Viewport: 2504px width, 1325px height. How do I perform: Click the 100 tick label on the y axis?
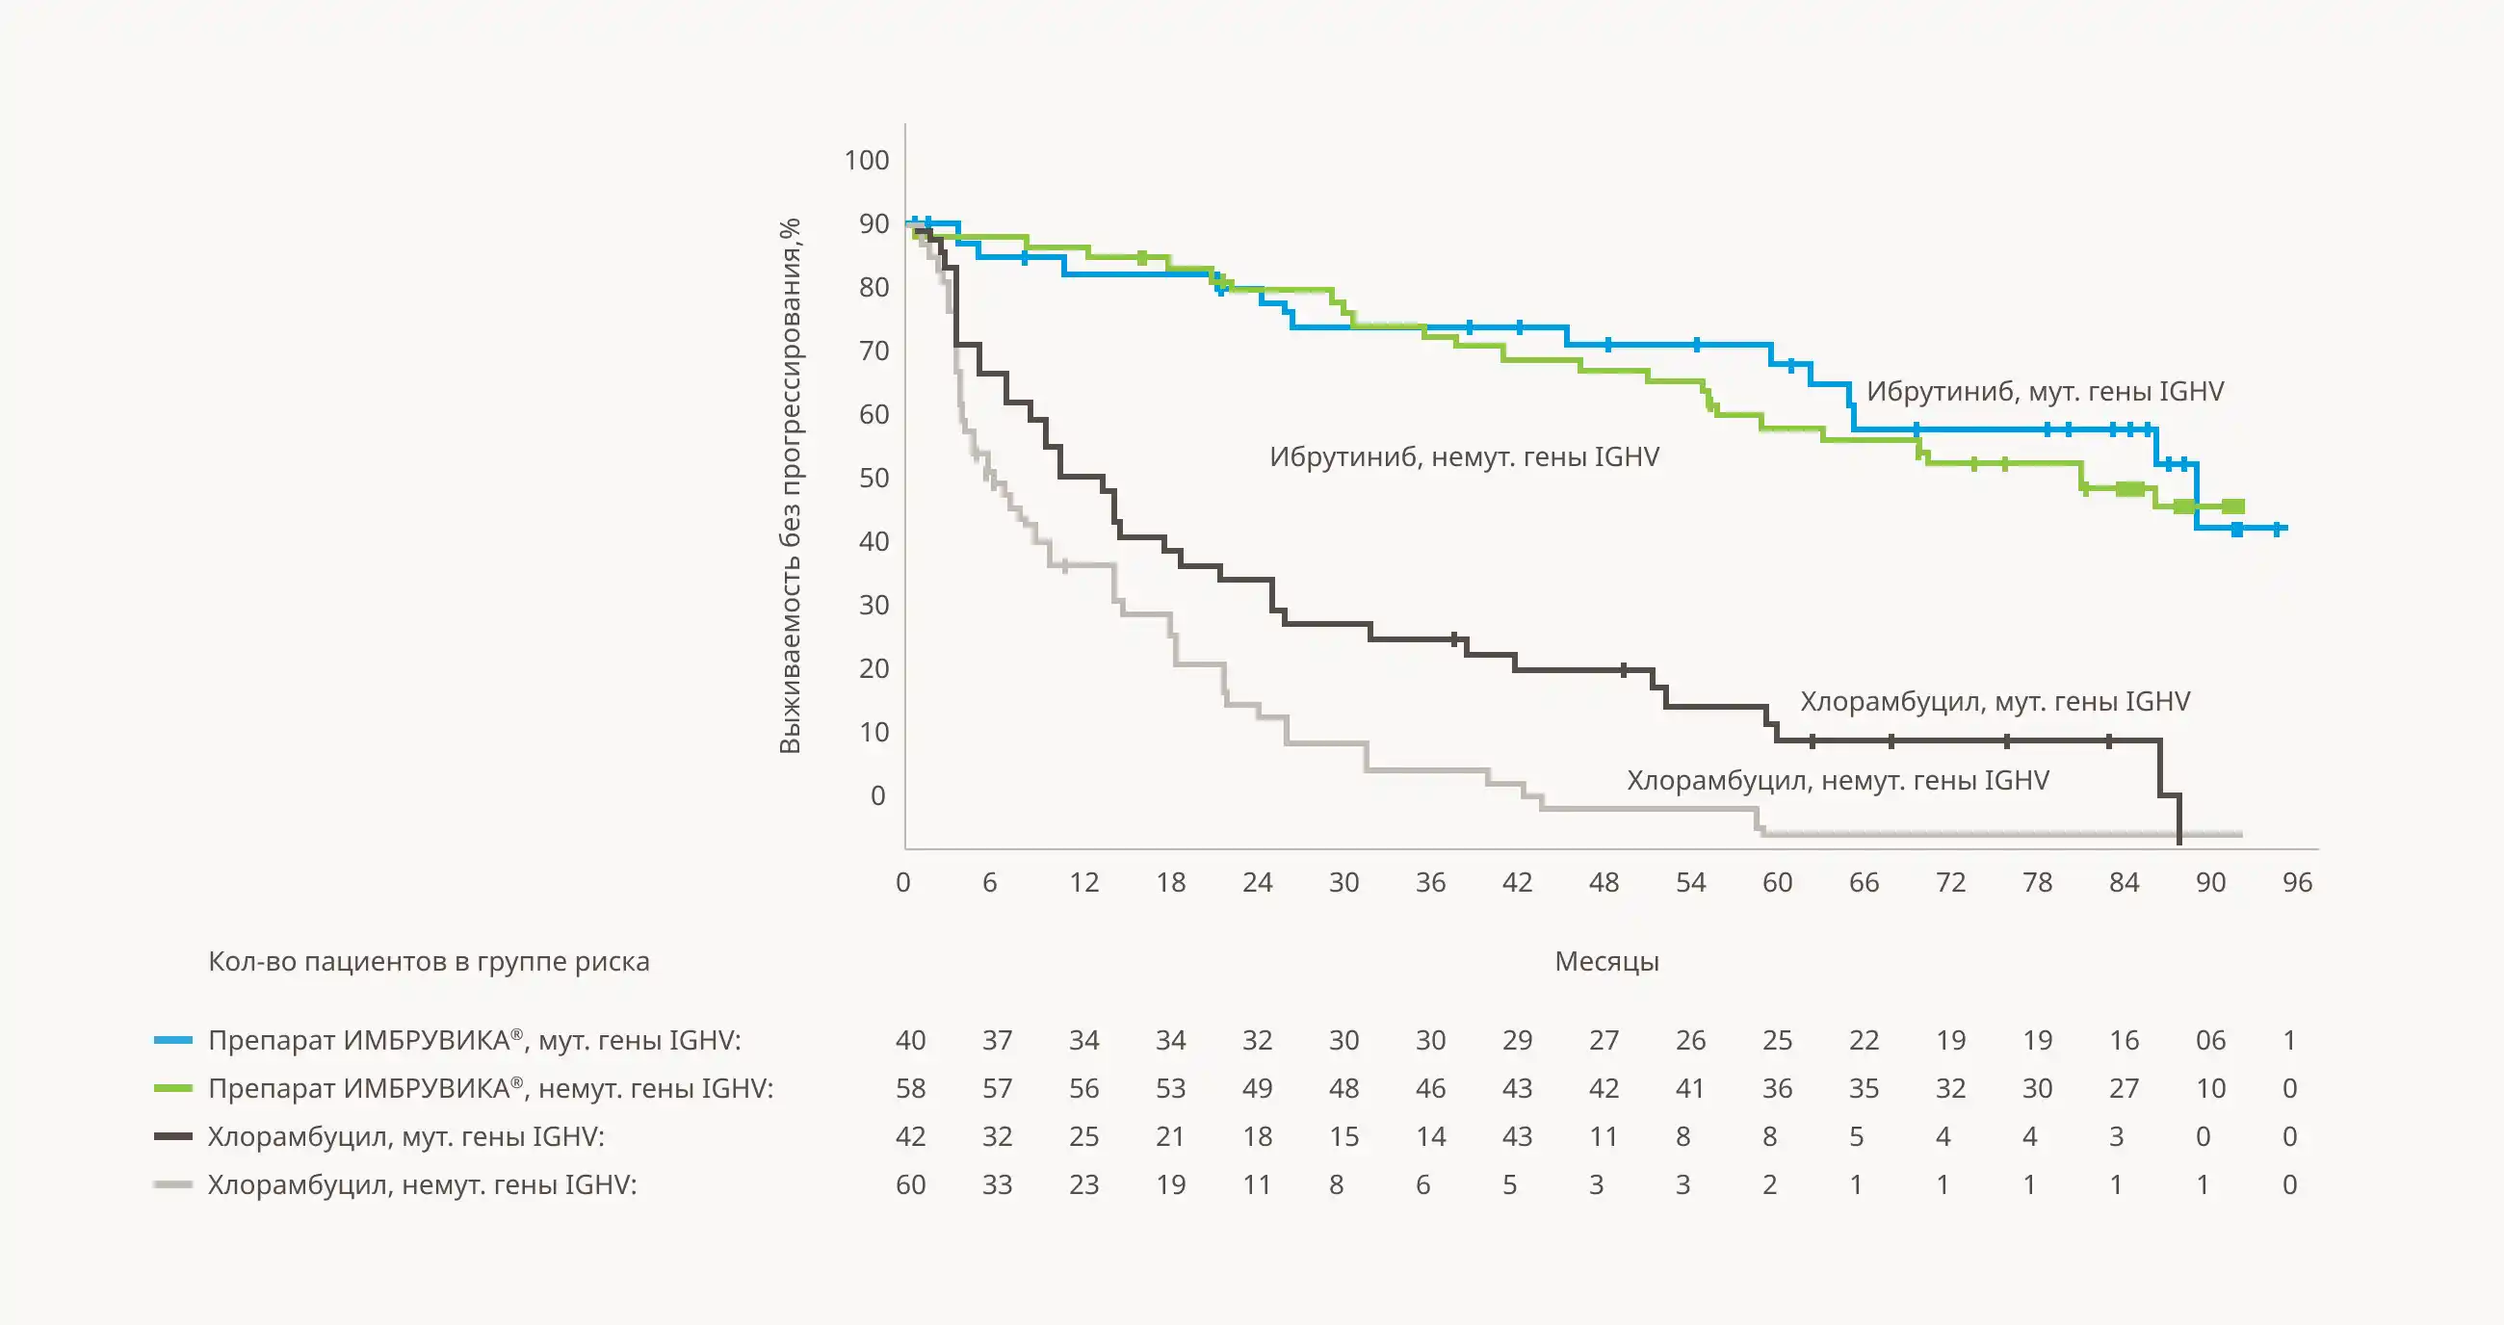(866, 161)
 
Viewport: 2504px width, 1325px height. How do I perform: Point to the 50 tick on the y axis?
(874, 479)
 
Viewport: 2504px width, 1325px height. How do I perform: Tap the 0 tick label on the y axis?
(877, 796)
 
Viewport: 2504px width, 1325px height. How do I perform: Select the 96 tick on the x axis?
(2297, 883)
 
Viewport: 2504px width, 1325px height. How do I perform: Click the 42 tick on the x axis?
(1517, 883)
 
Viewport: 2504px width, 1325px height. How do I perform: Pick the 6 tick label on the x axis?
(989, 883)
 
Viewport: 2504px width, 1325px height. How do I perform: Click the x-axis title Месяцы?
(1606, 961)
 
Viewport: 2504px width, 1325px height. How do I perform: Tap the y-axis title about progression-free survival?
(790, 486)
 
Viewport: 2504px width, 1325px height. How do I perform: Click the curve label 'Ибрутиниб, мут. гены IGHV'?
(2045, 392)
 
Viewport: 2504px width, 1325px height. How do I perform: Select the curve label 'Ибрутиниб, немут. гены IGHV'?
(1464, 456)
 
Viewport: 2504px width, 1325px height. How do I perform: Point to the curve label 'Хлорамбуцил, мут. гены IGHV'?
(1995, 702)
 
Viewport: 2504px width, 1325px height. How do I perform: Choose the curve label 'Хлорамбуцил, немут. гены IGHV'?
(1838, 781)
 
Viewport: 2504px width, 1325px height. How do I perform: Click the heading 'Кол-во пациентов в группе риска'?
(429, 961)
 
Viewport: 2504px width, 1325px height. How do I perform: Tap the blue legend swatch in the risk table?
(173, 1041)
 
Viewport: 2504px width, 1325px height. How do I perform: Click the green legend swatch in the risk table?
(173, 1089)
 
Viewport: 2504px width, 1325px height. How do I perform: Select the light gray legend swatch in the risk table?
(173, 1185)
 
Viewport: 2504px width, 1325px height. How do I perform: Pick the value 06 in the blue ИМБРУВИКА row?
(2210, 1041)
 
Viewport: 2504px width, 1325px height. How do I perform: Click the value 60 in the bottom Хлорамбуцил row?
(910, 1185)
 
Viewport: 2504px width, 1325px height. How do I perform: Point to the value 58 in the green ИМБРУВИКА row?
(910, 1089)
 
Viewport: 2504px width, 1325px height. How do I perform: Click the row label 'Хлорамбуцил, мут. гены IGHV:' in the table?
(405, 1136)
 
